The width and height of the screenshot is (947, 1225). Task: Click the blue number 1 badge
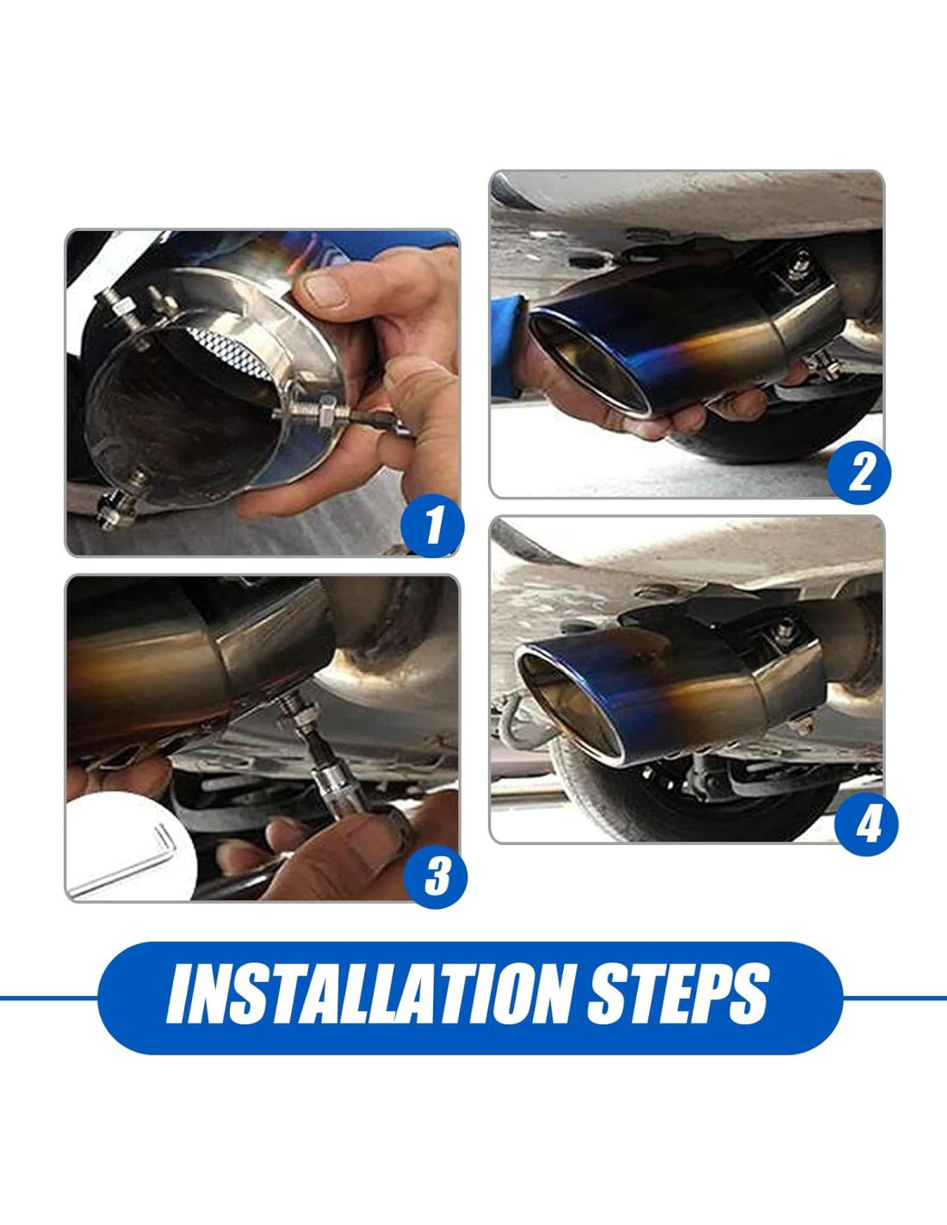(x=433, y=526)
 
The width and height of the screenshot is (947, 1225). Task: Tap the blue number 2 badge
(x=859, y=472)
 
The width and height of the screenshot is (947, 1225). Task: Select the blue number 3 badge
(x=436, y=877)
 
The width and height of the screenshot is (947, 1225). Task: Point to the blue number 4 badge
(x=867, y=824)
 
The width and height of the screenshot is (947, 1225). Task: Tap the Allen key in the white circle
(x=121, y=859)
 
